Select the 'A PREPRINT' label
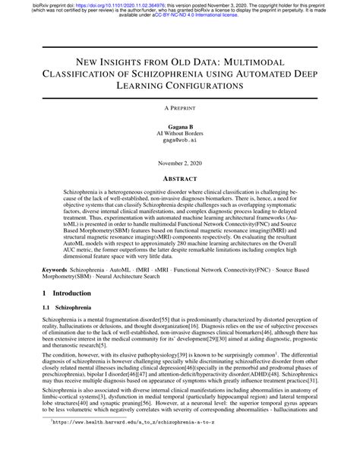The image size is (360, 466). point(180,109)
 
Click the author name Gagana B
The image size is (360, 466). point(180,125)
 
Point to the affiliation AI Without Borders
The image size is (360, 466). point(180,132)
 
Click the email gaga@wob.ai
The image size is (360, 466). point(180,141)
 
